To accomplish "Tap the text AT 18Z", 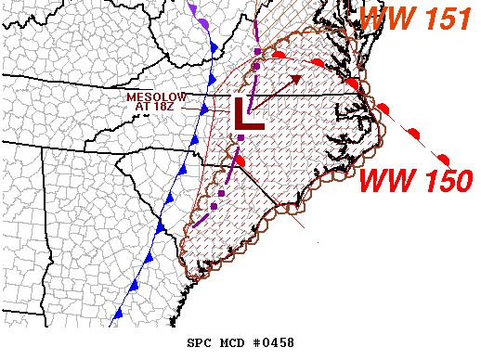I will coord(155,107).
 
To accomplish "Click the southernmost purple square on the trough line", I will coord(214,206).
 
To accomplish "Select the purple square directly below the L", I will coord(240,137).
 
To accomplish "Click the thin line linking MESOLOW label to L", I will coord(210,109).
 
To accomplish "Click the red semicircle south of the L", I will coord(240,161).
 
